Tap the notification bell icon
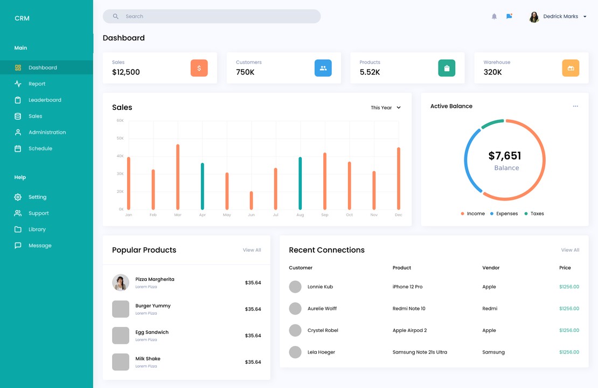click(494, 17)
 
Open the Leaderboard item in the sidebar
click(45, 100)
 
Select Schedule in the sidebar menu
click(40, 148)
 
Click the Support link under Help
click(38, 213)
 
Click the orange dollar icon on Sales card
click(199, 68)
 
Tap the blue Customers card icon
click(323, 68)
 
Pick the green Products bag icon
click(447, 68)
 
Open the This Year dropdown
click(386, 108)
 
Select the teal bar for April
click(203, 186)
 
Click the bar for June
click(251, 200)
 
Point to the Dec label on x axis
click(398, 215)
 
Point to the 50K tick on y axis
click(120, 138)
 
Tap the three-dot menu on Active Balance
click(575, 106)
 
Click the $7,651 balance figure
click(505, 156)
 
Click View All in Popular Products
click(252, 250)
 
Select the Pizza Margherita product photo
click(121, 282)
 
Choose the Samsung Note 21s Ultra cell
click(420, 352)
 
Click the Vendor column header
click(491, 268)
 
